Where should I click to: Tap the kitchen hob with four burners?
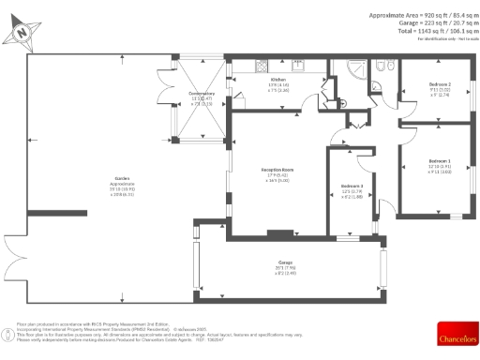pyautogui.click(x=298, y=67)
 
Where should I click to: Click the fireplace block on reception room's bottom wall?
pyautogui.click(x=279, y=233)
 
